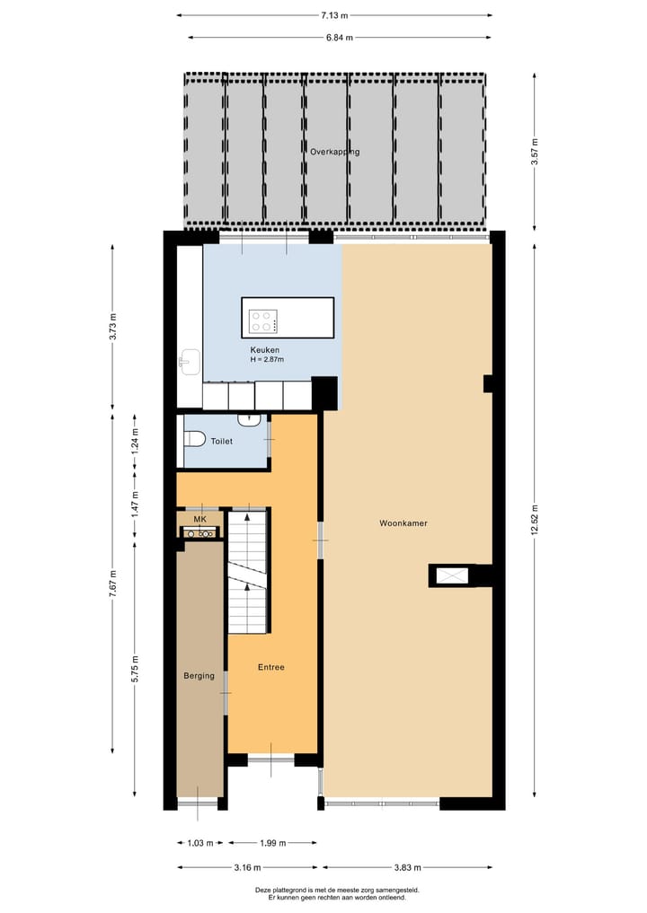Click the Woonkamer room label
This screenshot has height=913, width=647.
pyautogui.click(x=403, y=522)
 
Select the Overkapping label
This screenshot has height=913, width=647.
pyautogui.click(x=334, y=152)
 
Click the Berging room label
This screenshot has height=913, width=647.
pyautogui.click(x=199, y=675)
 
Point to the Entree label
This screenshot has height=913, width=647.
pyautogui.click(x=271, y=667)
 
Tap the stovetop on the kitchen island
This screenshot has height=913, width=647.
pyautogui.click(x=264, y=320)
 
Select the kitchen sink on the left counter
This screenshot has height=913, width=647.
pyautogui.click(x=189, y=362)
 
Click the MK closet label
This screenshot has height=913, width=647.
pyautogui.click(x=199, y=519)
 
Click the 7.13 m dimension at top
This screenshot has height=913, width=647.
pyautogui.click(x=334, y=15)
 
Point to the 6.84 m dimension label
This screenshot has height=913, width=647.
pyautogui.click(x=340, y=37)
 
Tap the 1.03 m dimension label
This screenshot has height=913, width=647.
pyautogui.click(x=199, y=843)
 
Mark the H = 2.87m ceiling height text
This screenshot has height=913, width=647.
pyautogui.click(x=267, y=360)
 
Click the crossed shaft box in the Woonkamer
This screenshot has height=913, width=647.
pyautogui.click(x=451, y=575)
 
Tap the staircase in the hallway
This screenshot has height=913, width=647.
pyautogui.click(x=248, y=572)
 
